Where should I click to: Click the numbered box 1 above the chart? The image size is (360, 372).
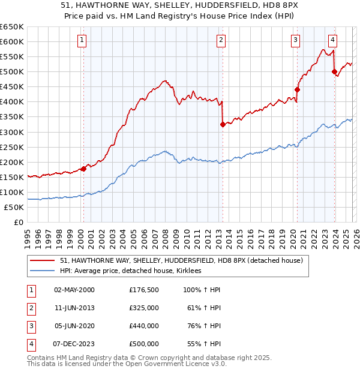coord(82,40)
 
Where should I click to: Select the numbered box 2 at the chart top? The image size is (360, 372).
coord(221,40)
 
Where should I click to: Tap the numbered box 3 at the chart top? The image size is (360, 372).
coord(296,40)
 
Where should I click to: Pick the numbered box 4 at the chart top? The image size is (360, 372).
coord(332,40)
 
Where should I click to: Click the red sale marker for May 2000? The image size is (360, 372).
coord(83,169)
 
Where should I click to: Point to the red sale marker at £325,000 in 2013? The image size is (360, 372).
coord(223,124)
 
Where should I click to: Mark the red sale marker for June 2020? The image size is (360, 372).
coord(297,89)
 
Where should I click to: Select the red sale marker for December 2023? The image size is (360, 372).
coord(334,71)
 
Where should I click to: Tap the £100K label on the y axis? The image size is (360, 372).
coord(12,192)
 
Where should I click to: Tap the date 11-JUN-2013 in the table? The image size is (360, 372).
coord(74,307)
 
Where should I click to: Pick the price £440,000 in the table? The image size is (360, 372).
coord(144,326)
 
